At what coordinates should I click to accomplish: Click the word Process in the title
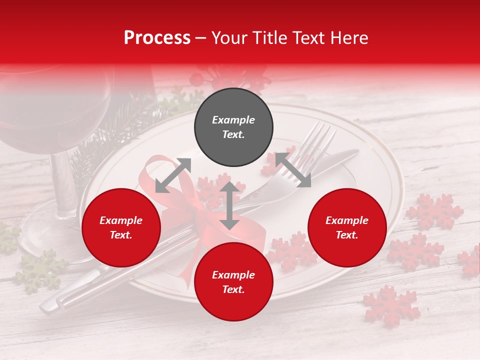157,38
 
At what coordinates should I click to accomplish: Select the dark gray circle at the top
233,127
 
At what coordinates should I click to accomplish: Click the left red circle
121,228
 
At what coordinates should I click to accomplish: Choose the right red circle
347,228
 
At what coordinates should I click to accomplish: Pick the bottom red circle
233,282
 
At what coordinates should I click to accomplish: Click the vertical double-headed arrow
229,205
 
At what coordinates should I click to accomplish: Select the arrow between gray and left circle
173,175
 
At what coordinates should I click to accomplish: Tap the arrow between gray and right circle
293,170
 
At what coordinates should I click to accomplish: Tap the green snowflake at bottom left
40,270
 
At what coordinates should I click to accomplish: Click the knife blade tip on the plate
352,152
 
